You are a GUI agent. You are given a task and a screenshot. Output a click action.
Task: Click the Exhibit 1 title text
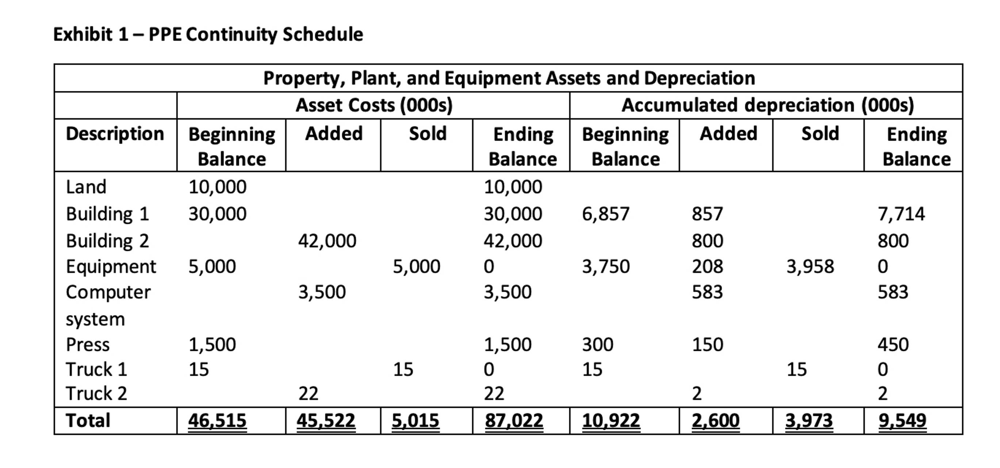[208, 35]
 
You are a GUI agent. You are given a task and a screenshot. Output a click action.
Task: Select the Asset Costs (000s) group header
[374, 106]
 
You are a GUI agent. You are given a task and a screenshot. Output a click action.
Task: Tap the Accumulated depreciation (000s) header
[767, 106]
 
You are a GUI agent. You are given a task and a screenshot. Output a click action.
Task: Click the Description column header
[115, 134]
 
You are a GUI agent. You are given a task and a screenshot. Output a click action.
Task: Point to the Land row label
[86, 187]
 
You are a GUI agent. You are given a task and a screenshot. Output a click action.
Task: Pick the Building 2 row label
[108, 241]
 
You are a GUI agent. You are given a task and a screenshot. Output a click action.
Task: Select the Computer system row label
[108, 305]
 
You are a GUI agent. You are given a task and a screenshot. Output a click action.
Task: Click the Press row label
[88, 345]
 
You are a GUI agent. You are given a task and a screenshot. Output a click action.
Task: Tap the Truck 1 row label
[97, 369]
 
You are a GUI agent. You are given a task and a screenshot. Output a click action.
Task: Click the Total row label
[88, 421]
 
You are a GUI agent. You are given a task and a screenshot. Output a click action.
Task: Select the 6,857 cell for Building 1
[605, 214]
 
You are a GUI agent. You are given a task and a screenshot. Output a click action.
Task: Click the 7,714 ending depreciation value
[901, 214]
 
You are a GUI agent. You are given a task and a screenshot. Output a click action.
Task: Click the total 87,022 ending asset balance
[514, 421]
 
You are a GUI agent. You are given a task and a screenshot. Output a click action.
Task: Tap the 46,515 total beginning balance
[217, 421]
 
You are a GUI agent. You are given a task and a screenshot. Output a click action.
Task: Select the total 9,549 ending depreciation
[902, 421]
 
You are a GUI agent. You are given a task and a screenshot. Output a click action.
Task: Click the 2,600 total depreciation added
[716, 421]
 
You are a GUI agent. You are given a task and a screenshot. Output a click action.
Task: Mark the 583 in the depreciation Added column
[707, 292]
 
